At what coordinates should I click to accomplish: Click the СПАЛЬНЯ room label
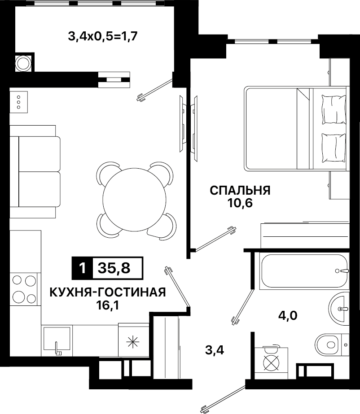coord(240,190)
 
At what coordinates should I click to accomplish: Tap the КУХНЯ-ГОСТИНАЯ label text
coord(108,292)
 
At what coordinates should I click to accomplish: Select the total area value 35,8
coord(114,268)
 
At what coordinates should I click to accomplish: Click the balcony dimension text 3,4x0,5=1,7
coord(103,36)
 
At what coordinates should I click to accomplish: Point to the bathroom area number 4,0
coord(288,315)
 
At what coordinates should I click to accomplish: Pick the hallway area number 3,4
coord(215,350)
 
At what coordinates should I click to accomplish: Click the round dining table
coord(135,200)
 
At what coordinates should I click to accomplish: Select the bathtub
coord(304,271)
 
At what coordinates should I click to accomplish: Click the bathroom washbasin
coord(338,308)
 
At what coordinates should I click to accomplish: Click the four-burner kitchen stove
coord(23,289)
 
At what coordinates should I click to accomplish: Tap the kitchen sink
coord(57,340)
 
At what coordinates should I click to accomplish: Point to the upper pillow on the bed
coord(334,109)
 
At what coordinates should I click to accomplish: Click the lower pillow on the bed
coord(334,148)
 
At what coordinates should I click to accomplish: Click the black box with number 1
coord(83,268)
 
